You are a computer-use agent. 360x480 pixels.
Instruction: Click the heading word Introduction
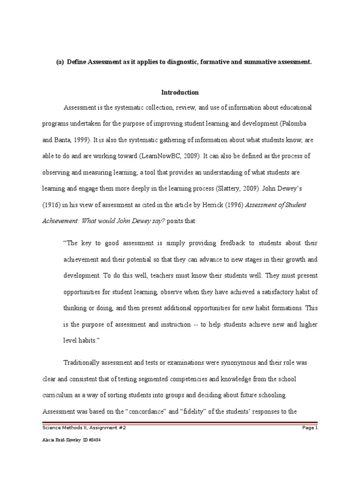[180, 92]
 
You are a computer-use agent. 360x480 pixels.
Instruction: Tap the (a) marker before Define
[60, 62]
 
